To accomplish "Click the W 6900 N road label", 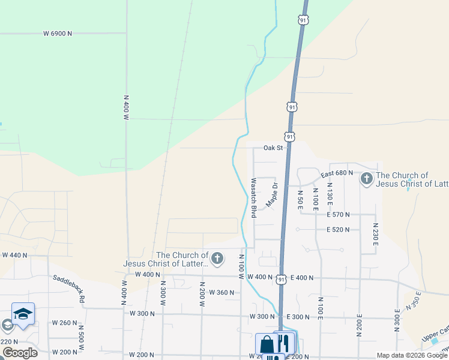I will pyautogui.click(x=58, y=34).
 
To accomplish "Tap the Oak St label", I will pyautogui.click(x=273, y=148).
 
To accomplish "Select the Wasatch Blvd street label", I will pyautogui.click(x=254, y=197).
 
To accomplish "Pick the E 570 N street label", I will pyautogui.click(x=338, y=214).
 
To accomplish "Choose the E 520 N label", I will pyautogui.click(x=338, y=230).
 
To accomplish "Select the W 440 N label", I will pyautogui.click(x=15, y=255).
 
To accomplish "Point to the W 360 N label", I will pyautogui.click(x=221, y=292).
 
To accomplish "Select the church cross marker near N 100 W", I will pyautogui.click(x=217, y=259).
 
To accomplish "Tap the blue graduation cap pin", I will pyautogui.click(x=23, y=314).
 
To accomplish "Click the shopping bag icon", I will pyautogui.click(x=267, y=344).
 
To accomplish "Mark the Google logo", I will pyautogui.click(x=19, y=353).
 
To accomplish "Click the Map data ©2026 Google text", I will pyautogui.click(x=411, y=355).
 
